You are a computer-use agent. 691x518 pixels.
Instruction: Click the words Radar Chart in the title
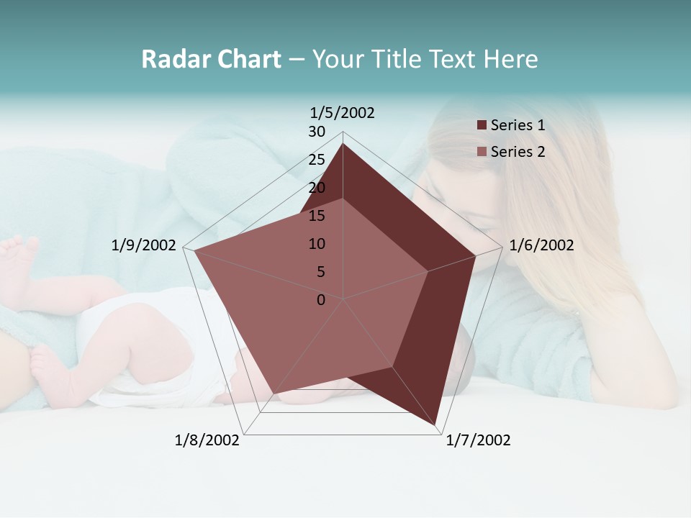pos(211,59)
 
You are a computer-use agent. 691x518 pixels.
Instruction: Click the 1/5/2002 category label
pos(342,113)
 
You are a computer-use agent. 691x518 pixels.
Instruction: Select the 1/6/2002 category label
pos(541,245)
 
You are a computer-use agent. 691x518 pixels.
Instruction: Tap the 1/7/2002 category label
pos(478,440)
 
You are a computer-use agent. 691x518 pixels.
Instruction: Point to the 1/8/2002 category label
pos(207,440)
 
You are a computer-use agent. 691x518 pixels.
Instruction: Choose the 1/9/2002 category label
pos(143,245)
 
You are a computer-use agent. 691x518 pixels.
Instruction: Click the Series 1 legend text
pos(518,125)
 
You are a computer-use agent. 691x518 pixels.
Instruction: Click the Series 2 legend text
pos(518,152)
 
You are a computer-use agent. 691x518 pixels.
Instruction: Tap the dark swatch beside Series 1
pos(482,125)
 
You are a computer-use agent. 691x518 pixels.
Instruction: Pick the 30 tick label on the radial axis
pos(317,132)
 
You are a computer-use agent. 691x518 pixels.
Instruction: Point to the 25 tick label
pos(317,160)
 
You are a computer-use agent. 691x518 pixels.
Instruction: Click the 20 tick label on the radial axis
pos(317,188)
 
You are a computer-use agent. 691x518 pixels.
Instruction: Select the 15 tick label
pos(317,216)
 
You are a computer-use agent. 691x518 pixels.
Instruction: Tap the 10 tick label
pos(317,244)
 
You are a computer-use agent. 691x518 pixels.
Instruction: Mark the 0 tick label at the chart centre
pos(321,300)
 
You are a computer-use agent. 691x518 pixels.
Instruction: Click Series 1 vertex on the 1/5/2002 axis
pos(343,143)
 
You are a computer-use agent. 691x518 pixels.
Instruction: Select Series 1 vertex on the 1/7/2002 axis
pos(435,425)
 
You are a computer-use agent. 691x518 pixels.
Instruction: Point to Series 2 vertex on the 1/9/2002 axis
pos(194,251)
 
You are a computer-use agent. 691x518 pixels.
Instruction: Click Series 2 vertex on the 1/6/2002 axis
pos(428,271)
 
